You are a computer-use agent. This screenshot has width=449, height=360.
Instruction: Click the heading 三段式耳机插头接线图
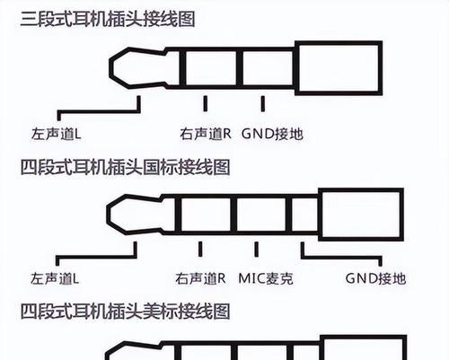(108, 19)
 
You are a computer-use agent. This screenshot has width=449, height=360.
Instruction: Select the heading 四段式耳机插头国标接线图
(125, 167)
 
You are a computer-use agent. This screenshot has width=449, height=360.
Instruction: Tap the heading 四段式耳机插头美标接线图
(125, 312)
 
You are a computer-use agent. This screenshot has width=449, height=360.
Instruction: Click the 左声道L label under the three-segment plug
(57, 134)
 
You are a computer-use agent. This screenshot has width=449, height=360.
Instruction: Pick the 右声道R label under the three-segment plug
(206, 134)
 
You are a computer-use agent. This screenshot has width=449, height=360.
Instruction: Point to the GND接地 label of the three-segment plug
(272, 134)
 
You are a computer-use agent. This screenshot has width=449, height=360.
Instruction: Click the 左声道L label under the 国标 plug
(55, 278)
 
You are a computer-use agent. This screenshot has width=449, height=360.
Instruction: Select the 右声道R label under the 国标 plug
(200, 278)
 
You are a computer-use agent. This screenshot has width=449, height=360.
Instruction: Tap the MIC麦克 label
(266, 278)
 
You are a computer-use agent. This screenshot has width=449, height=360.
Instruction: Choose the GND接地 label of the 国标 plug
(376, 278)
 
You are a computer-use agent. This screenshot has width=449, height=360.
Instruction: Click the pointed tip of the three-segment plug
(110, 68)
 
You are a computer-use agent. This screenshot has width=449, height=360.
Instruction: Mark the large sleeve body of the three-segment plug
(339, 68)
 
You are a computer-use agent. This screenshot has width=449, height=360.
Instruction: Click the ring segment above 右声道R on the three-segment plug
(211, 68)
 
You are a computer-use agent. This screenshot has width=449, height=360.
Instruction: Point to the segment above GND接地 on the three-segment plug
(268, 68)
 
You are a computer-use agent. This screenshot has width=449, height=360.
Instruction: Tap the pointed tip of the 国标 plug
(107, 215)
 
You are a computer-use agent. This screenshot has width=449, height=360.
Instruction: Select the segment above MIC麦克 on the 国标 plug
(261, 215)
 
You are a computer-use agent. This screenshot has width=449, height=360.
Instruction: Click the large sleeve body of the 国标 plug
(361, 215)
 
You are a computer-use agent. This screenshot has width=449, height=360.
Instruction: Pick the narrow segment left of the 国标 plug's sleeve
(304, 215)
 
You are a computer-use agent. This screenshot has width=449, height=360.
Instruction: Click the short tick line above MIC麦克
(257, 250)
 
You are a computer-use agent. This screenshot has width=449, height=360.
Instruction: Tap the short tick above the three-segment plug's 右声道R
(206, 103)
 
